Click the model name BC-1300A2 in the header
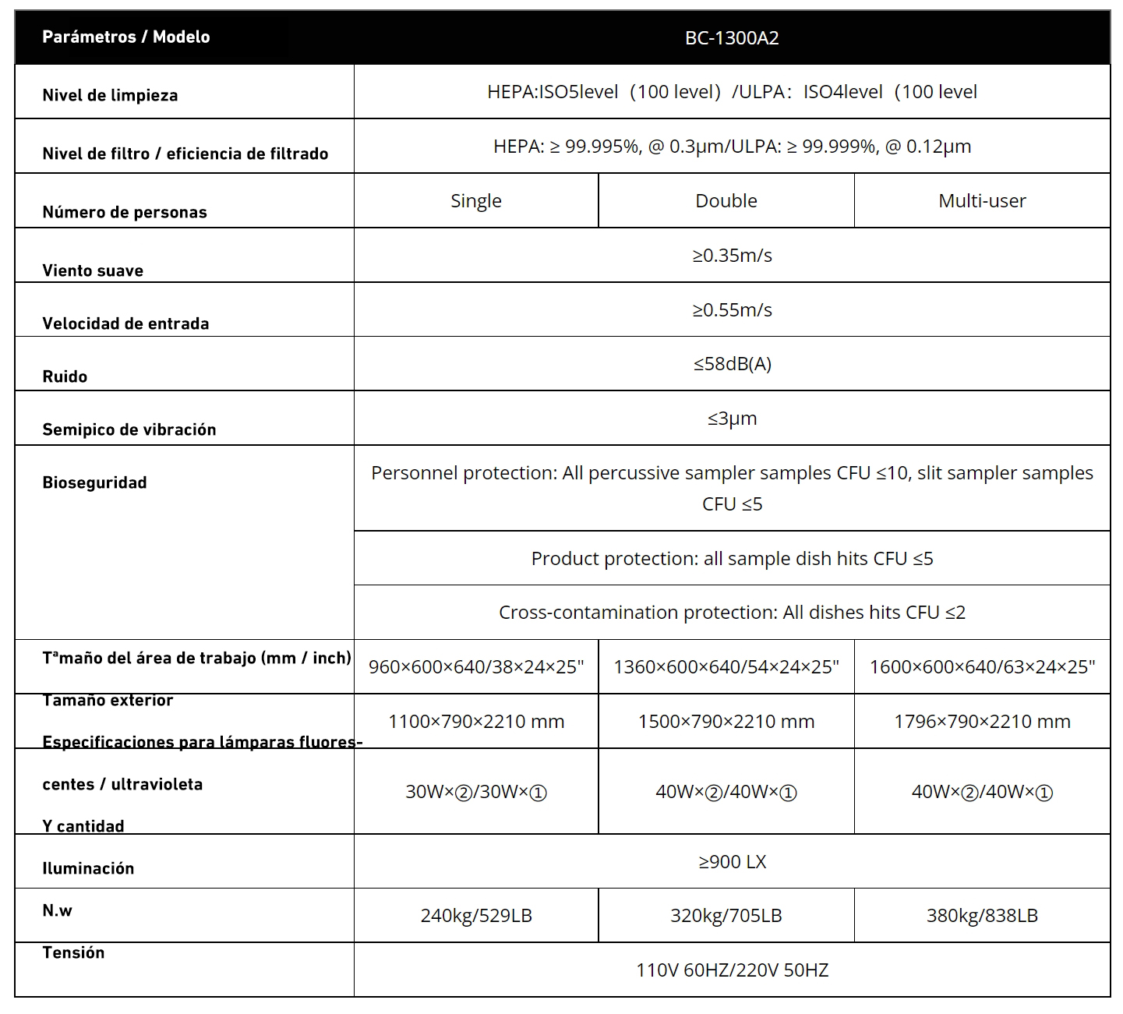click(731, 38)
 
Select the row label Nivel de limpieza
click(110, 96)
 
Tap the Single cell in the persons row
click(475, 201)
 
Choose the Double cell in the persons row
click(726, 201)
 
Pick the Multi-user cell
click(981, 201)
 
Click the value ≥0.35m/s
click(732, 256)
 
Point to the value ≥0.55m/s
click(732, 310)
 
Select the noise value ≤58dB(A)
click(732, 364)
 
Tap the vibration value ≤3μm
click(732, 419)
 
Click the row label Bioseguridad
click(94, 482)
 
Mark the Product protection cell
click(732, 559)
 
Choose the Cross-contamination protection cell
click(732, 613)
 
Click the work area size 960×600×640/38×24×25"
click(475, 667)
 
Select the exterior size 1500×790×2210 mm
click(726, 722)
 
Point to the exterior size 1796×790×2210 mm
click(981, 722)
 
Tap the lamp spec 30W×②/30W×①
click(475, 792)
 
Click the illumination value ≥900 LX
click(732, 862)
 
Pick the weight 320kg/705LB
click(726, 916)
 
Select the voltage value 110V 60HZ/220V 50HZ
click(732, 970)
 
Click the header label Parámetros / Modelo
click(125, 37)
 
